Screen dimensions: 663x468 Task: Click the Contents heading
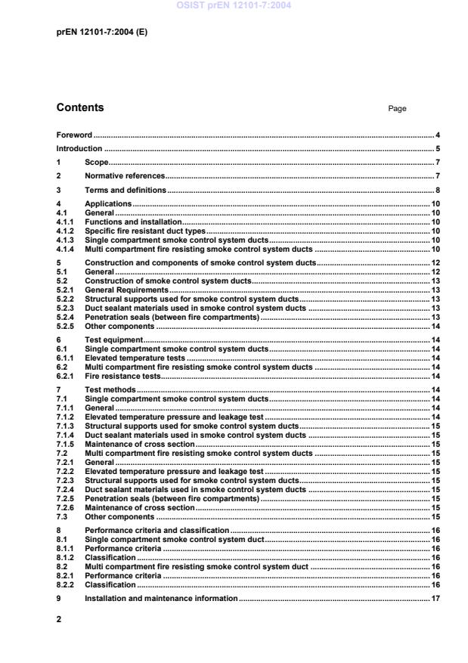80,108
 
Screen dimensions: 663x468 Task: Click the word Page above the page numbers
397,109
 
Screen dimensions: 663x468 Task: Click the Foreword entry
74,135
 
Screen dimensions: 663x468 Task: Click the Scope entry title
97,163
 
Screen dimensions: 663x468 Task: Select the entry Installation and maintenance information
161,599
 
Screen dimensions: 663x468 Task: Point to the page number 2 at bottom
59,618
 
